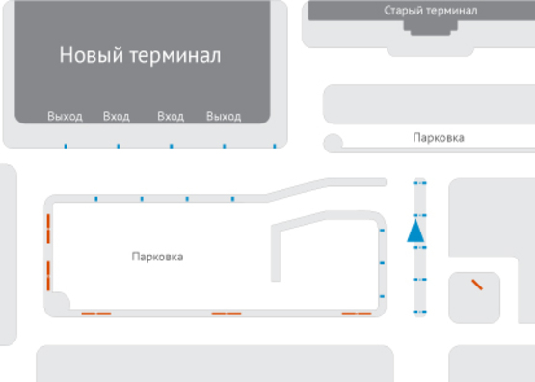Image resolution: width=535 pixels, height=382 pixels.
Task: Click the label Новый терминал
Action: pyautogui.click(x=140, y=55)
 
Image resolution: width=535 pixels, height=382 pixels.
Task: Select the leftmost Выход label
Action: pyautogui.click(x=65, y=117)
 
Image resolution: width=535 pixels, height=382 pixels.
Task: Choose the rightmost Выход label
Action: pyautogui.click(x=224, y=117)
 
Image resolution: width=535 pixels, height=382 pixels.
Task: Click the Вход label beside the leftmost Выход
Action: pyautogui.click(x=116, y=117)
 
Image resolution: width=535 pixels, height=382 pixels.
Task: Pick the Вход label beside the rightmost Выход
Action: pyautogui.click(x=171, y=117)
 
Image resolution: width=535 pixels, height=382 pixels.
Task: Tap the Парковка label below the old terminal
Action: pyautogui.click(x=438, y=138)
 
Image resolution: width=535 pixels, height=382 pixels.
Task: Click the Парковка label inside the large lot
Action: pyautogui.click(x=157, y=257)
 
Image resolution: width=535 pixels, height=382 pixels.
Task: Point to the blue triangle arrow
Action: pyautogui.click(x=415, y=231)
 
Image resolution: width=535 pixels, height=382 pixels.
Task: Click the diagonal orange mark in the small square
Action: pyautogui.click(x=476, y=285)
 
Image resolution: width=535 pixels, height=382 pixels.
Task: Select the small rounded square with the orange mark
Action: pyautogui.click(x=474, y=297)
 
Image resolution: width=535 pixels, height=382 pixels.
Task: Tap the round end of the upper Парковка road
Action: pyautogui.click(x=334, y=144)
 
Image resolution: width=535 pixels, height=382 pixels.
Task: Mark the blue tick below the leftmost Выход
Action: pyautogui.click(x=65, y=147)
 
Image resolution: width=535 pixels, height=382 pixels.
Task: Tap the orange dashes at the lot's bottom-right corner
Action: pyautogui.click(x=357, y=314)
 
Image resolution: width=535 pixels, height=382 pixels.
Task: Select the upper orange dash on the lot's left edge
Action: pyautogui.click(x=46, y=231)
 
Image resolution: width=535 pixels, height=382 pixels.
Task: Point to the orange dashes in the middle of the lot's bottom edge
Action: pyautogui.click(x=227, y=314)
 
